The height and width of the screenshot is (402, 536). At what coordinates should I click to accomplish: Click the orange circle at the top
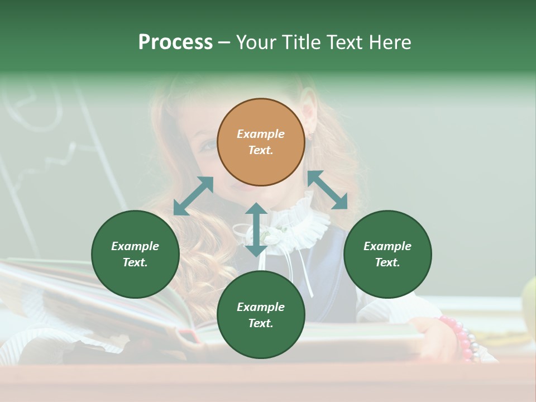click(x=261, y=142)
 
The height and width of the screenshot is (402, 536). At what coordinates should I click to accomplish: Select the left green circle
click(x=135, y=254)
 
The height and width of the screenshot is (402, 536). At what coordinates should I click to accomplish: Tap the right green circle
click(x=387, y=254)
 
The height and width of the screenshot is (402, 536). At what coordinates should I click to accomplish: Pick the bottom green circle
click(x=261, y=315)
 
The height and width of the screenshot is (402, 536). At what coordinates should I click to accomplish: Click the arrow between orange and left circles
click(x=193, y=196)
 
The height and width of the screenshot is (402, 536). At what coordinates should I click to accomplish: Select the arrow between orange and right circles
click(x=328, y=190)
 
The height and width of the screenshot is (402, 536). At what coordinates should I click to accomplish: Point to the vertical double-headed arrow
click(x=256, y=229)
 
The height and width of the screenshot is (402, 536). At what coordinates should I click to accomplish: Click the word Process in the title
click(x=175, y=42)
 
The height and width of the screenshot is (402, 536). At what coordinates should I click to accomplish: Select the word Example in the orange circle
click(x=261, y=134)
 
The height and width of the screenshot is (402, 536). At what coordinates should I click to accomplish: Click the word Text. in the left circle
click(x=135, y=262)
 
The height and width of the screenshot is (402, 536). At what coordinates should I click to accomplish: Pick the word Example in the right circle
click(x=387, y=246)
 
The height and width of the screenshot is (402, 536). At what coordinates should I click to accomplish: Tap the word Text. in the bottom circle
click(x=261, y=323)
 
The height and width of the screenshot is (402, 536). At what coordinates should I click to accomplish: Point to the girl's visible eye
click(x=207, y=146)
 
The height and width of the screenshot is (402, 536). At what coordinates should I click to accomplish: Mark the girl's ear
click(x=308, y=112)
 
